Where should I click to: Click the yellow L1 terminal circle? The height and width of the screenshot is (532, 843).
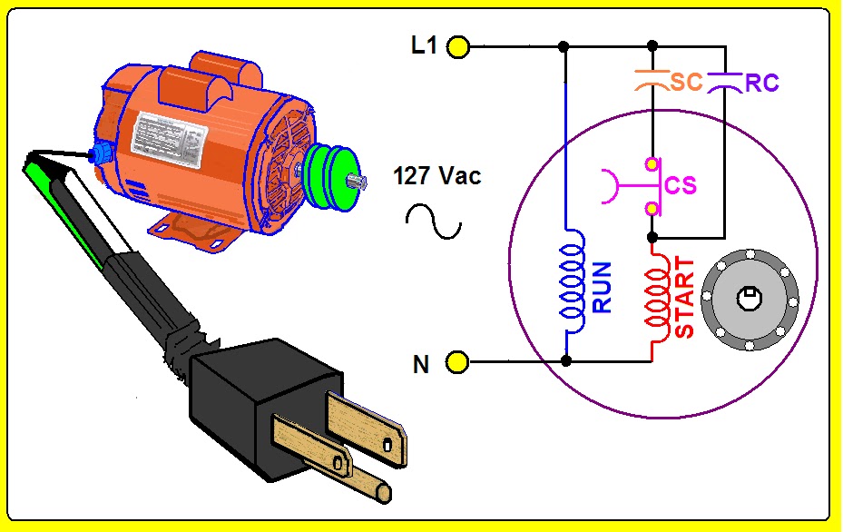point(458,46)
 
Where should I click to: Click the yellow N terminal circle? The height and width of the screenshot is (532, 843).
point(458,363)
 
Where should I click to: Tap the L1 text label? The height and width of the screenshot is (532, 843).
point(424,45)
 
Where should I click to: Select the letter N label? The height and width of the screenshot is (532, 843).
point(421,365)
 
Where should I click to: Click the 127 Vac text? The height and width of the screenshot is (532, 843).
point(437,176)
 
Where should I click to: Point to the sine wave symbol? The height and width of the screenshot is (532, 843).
point(434,222)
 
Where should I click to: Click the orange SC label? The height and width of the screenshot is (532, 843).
point(687,82)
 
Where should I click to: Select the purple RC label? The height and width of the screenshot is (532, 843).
point(761,84)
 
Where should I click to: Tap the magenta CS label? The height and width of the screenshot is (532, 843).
point(681,185)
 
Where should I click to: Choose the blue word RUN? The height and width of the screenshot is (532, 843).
point(602,288)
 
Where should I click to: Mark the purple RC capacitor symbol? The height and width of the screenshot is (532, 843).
point(725,81)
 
